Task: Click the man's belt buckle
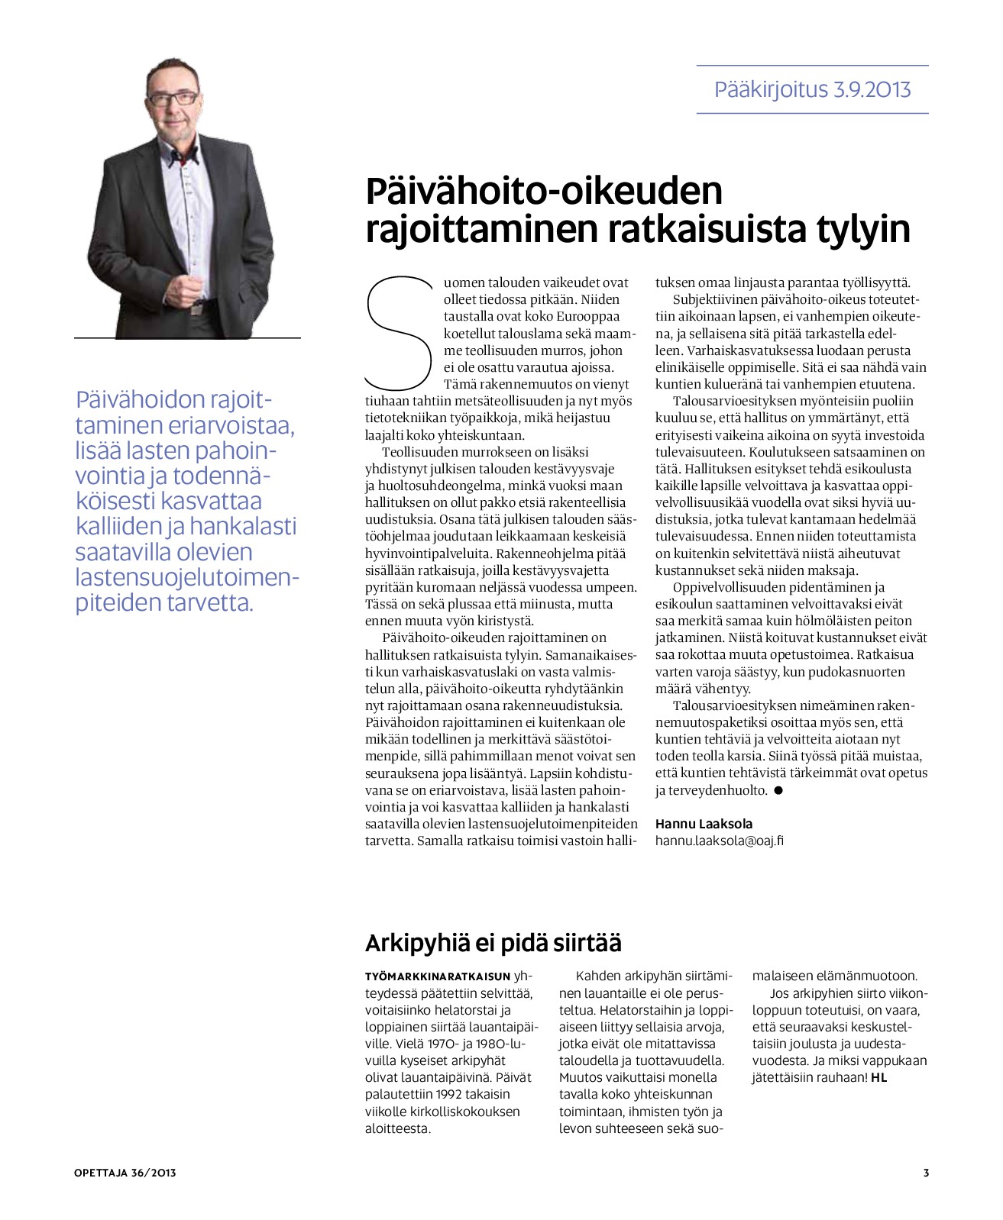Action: pos(197,311)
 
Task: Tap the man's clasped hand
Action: pos(192,287)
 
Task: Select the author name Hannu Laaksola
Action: pos(704,824)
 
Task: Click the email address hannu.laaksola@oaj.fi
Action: pos(719,841)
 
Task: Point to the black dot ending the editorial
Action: pos(778,791)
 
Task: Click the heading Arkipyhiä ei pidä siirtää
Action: pos(493,943)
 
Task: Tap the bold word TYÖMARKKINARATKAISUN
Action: pos(438,976)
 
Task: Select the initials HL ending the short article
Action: pos(878,1077)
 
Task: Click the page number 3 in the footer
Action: pos(926,1173)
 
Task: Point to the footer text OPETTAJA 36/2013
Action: pos(125,1173)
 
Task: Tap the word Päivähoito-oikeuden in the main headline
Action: pos(544,191)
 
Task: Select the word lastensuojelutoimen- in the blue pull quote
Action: pos(187,577)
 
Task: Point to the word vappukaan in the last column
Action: pos(894,1060)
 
